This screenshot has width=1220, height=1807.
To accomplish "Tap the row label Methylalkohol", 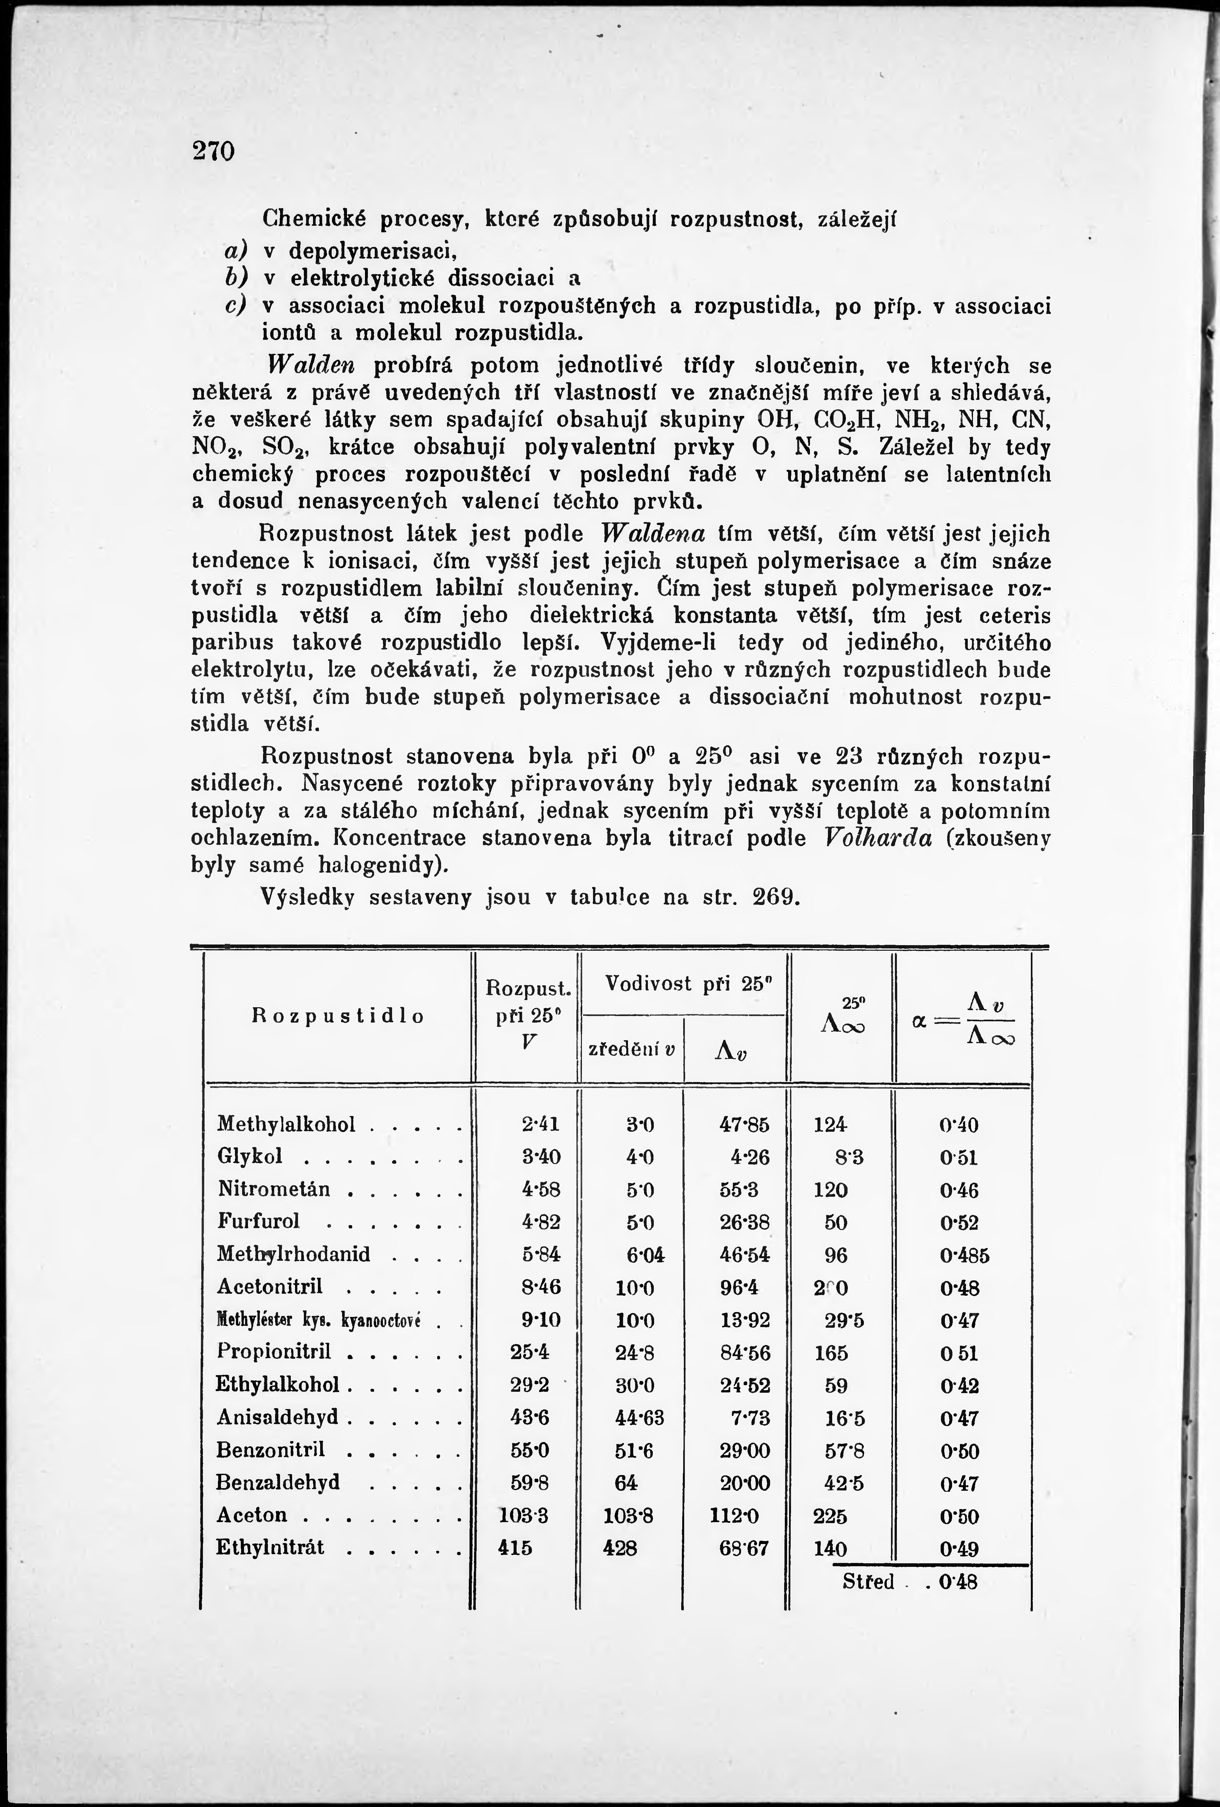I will click(x=286, y=1124).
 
